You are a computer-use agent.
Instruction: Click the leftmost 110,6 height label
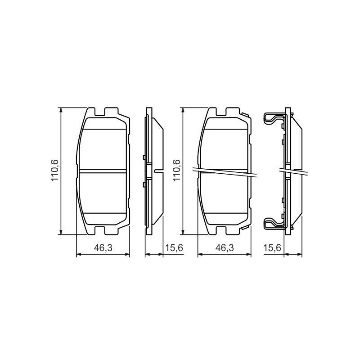[x=55, y=170]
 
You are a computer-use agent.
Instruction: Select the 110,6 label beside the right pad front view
[x=177, y=170]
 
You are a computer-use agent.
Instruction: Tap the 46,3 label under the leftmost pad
[x=103, y=248]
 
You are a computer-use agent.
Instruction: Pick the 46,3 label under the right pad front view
[x=225, y=248]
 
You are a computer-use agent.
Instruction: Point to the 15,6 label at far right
[x=272, y=248]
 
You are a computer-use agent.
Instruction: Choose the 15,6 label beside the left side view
[x=174, y=248]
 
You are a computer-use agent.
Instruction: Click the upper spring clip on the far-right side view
[x=275, y=119]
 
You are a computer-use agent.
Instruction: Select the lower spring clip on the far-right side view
[x=275, y=223]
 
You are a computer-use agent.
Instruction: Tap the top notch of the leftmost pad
[x=99, y=112]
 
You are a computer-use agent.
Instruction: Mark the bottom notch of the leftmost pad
[x=99, y=230]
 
